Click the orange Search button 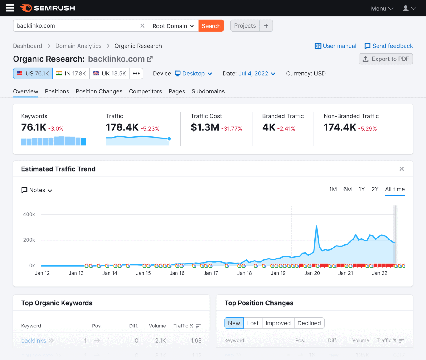point(211,26)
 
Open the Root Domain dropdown point(173,26)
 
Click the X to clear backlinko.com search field point(142,26)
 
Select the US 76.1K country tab point(33,73)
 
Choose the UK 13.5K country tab point(109,73)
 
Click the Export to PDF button point(386,59)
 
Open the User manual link point(335,46)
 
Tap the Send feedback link point(389,46)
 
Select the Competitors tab point(145,91)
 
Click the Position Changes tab point(99,91)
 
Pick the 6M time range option point(348,189)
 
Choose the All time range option point(395,189)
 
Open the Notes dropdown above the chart point(37,190)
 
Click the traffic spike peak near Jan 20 point(317,226)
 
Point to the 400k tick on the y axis point(29,214)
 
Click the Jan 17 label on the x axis point(211,273)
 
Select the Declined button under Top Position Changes point(309,323)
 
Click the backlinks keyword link point(34,340)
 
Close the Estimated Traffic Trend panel point(401,169)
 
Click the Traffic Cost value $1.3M point(205,127)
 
